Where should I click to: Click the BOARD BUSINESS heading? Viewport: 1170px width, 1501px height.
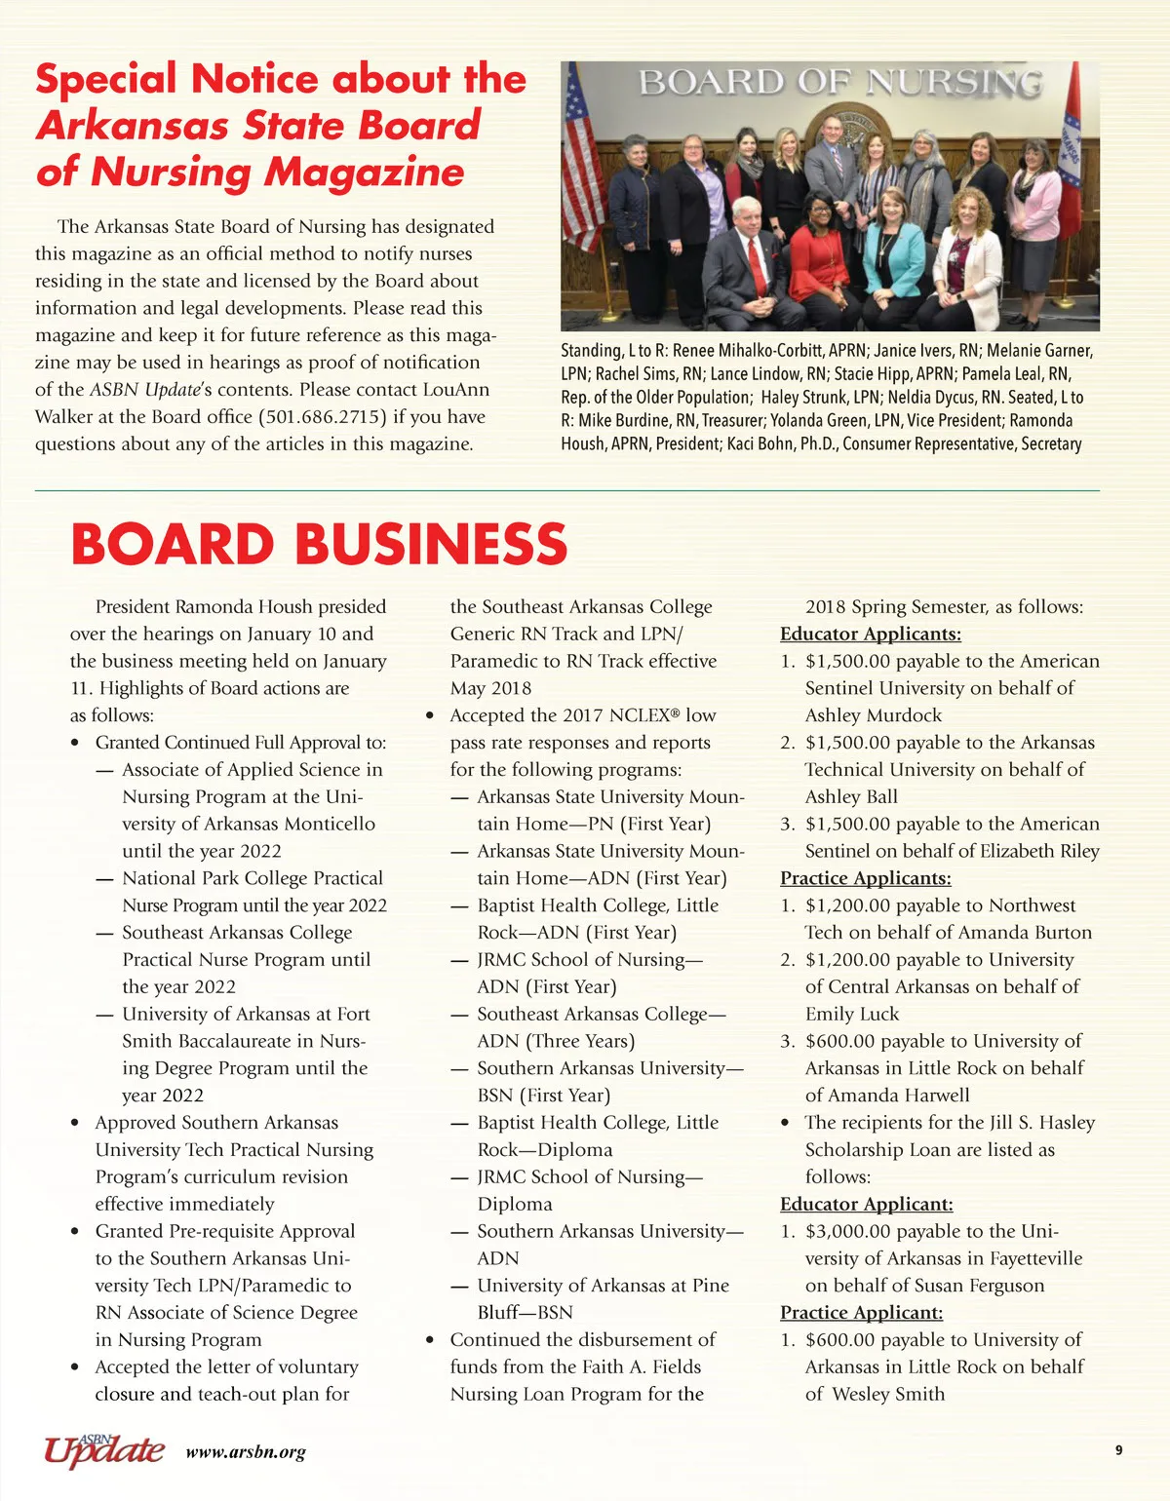[319, 544]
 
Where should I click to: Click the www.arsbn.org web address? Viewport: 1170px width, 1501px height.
[246, 1452]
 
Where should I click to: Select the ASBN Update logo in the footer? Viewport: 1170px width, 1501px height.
[103, 1449]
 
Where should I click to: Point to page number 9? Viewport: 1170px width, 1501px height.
[1118, 1450]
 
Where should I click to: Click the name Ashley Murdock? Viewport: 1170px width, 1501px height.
[873, 715]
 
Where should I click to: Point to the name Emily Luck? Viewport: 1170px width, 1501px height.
[851, 1014]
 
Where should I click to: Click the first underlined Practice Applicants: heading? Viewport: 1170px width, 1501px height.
[865, 878]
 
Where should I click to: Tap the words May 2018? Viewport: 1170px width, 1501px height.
[490, 688]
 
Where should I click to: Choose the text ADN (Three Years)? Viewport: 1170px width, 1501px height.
[556, 1041]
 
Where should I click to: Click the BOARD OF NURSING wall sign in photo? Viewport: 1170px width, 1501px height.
[839, 84]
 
